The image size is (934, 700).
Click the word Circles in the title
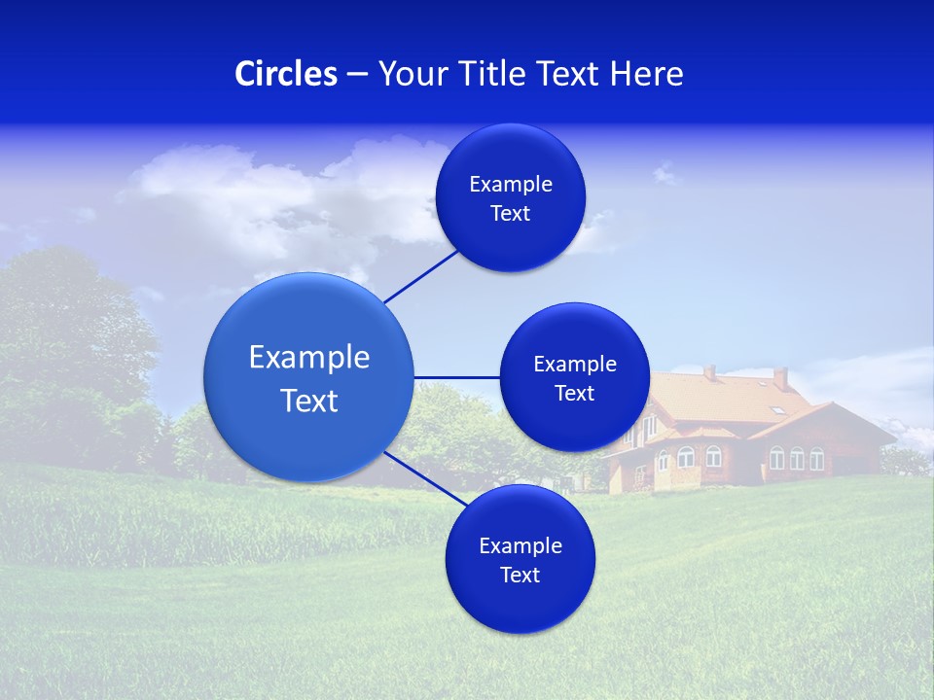[x=285, y=74]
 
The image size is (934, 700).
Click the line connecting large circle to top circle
[x=421, y=276]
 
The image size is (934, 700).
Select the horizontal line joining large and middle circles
[x=456, y=377]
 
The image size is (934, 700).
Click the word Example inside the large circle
[x=309, y=358]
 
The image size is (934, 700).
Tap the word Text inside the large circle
[x=309, y=401]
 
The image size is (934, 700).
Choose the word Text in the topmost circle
[x=510, y=214]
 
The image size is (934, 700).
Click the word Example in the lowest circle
[x=520, y=546]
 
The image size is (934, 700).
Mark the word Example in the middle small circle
[x=574, y=365]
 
